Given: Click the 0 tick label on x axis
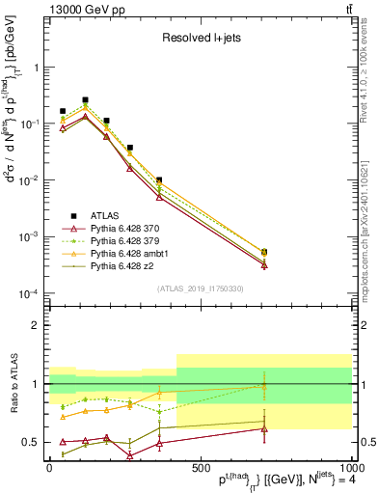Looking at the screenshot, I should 49,467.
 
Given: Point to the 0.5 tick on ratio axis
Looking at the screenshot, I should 33,443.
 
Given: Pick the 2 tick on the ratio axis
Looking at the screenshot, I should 38,325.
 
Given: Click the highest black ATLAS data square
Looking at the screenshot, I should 85,99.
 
